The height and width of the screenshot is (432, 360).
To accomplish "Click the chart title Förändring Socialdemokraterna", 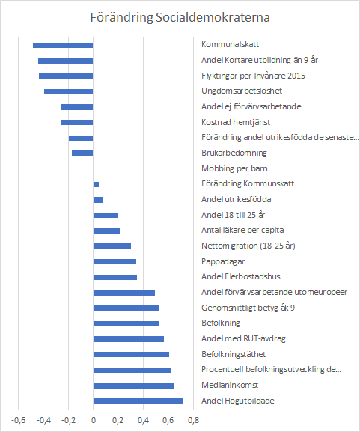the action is pyautogui.click(x=180, y=17).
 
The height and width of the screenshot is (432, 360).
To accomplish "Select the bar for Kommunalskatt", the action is pyautogui.click(x=63, y=45).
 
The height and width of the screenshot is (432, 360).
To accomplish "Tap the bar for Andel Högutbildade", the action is pyautogui.click(x=138, y=401).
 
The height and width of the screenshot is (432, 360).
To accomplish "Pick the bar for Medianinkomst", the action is pyautogui.click(x=133, y=386).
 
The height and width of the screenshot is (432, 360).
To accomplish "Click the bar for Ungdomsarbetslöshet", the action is pyautogui.click(x=69, y=92).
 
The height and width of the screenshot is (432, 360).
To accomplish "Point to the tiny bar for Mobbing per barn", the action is pyautogui.click(x=94, y=169).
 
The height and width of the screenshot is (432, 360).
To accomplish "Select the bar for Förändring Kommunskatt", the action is pyautogui.click(x=96, y=184).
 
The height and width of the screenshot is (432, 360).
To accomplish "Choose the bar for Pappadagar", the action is pyautogui.click(x=115, y=261).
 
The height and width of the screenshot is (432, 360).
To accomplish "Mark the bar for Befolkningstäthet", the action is pyautogui.click(x=131, y=354).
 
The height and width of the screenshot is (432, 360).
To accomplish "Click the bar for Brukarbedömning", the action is pyautogui.click(x=82, y=153).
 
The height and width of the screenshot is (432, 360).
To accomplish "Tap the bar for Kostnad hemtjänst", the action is pyautogui.click(x=77, y=122).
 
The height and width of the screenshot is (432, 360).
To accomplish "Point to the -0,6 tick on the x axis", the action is pyautogui.click(x=18, y=421).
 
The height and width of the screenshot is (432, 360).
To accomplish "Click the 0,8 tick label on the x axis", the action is pyautogui.click(x=193, y=421).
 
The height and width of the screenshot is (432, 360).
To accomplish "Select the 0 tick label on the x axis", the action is pyautogui.click(x=94, y=421).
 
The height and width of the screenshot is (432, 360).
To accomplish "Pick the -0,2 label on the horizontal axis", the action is pyautogui.click(x=68, y=421).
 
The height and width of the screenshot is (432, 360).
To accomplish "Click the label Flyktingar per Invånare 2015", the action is pyautogui.click(x=253, y=76).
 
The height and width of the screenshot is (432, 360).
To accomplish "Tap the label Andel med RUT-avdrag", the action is pyautogui.click(x=243, y=338).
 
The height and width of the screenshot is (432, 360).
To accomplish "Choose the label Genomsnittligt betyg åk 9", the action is pyautogui.click(x=248, y=308).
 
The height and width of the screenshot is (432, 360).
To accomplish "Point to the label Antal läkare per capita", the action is pyautogui.click(x=242, y=230).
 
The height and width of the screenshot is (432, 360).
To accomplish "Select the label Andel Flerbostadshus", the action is pyautogui.click(x=241, y=276).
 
